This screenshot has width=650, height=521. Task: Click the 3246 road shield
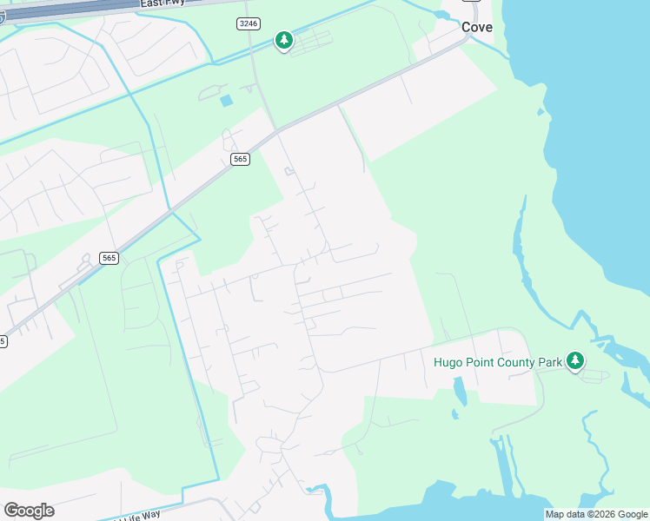pos(248,24)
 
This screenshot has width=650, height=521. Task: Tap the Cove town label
pos(477,27)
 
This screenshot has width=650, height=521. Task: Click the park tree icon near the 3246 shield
pos(283,40)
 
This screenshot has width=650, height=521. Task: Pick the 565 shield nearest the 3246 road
pos(241,159)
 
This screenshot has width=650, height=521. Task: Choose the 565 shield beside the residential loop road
pos(109,258)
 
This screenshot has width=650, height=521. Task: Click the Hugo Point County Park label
pos(497,361)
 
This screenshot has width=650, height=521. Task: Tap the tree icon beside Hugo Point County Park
pos(574,360)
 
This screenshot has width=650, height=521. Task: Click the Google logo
pos(29,510)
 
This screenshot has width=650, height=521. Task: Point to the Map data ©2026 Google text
pos(597,514)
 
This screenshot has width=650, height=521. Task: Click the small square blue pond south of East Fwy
pos(227,101)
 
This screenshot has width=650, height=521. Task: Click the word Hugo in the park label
pos(448,361)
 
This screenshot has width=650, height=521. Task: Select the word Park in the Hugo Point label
pos(547,361)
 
